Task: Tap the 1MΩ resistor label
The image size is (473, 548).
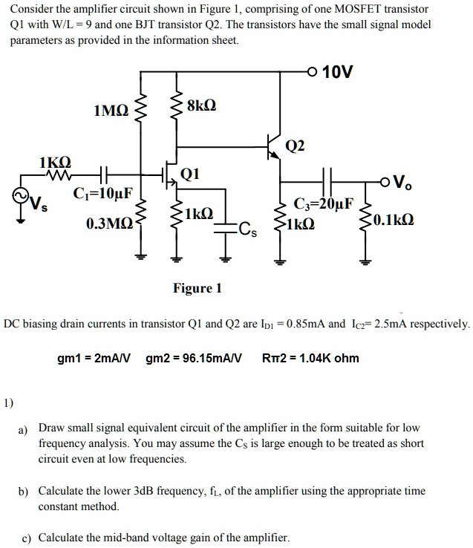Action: coord(111,111)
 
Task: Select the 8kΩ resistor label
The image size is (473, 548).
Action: coord(203,106)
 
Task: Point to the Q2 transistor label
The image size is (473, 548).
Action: coord(295,146)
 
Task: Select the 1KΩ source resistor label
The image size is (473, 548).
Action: coord(55,162)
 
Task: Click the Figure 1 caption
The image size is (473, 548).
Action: coord(198,288)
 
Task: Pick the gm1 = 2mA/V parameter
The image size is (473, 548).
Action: coord(94,359)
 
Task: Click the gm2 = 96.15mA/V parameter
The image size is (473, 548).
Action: coord(195,359)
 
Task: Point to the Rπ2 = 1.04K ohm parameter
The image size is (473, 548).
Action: coord(310,359)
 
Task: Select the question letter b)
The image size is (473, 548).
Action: coord(24,492)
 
